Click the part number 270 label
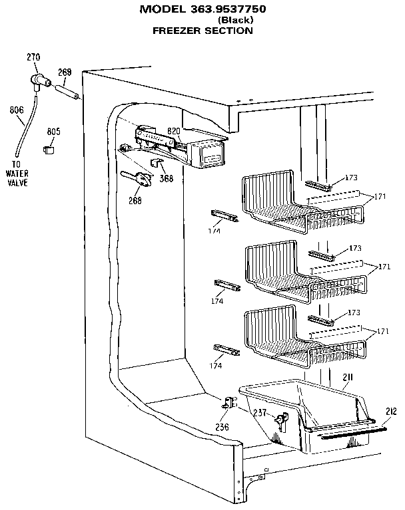pos(33,57)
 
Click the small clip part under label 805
pos(49,150)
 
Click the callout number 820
pos(174,130)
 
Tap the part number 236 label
pos(222,426)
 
